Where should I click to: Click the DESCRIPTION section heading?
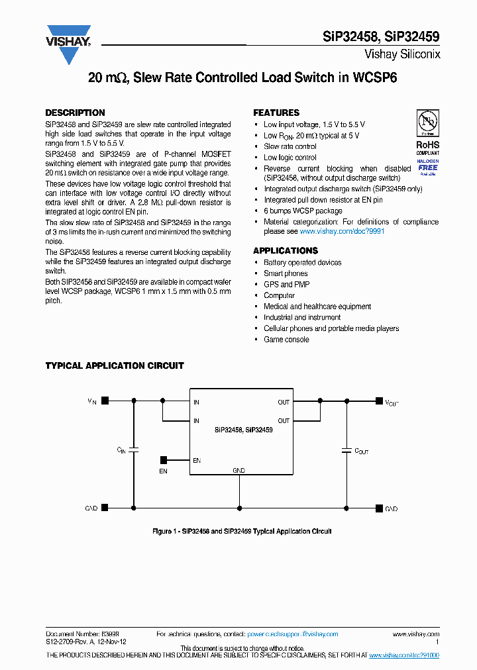(75, 113)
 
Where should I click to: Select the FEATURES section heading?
(276, 113)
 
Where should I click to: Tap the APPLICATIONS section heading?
(286, 251)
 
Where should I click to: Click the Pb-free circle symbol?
(427, 122)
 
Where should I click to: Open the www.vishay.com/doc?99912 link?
(342, 232)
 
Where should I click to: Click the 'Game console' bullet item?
(286, 340)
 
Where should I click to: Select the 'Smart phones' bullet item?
(286, 273)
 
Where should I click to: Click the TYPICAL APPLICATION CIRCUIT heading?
(114, 365)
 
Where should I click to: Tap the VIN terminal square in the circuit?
(105, 400)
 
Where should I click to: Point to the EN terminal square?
(163, 459)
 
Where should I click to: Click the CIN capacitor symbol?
(134, 450)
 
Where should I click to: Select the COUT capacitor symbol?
(346, 450)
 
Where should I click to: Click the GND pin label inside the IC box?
(238, 470)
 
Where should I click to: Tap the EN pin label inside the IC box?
(197, 460)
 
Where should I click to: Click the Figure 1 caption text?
(242, 531)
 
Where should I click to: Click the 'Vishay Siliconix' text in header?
(402, 55)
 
